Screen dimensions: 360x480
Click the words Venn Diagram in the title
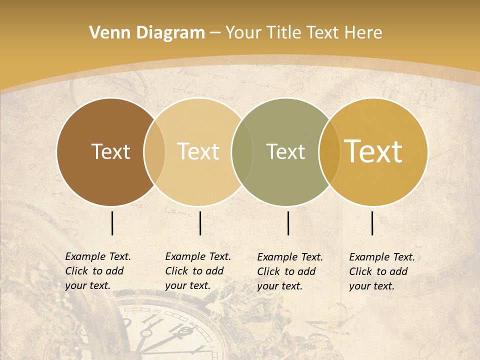coord(147,33)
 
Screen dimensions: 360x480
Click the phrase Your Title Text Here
coord(303,33)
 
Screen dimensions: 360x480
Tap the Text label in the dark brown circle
coord(110,151)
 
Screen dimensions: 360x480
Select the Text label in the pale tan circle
coord(198,151)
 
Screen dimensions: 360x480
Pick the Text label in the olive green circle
coord(285,151)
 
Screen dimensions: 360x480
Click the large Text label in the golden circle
coord(373,151)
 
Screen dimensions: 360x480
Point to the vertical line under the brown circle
coord(112,223)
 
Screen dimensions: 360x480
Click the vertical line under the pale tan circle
coord(200,223)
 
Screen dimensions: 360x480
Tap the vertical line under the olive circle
coord(288,223)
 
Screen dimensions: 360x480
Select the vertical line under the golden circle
coord(372,223)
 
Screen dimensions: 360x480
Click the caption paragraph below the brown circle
coord(98,271)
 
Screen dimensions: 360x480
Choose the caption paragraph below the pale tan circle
coord(198,271)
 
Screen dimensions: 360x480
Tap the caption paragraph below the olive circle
coord(290,271)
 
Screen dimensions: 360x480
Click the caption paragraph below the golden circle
coord(382,271)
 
